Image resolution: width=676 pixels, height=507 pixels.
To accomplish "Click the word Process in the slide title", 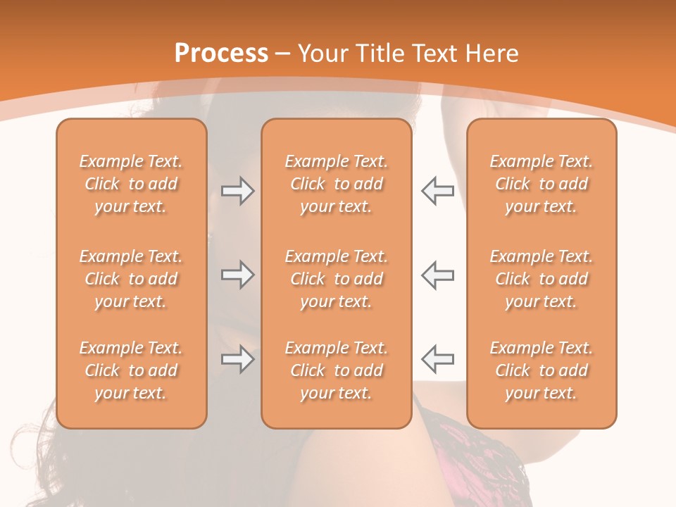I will (x=221, y=53).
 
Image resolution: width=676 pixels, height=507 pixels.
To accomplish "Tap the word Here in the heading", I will (x=491, y=53).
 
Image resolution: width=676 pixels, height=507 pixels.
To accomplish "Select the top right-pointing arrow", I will (x=237, y=191).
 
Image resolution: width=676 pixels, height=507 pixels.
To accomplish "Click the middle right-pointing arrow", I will (x=237, y=275).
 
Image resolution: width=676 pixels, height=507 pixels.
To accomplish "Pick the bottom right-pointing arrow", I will (x=237, y=359).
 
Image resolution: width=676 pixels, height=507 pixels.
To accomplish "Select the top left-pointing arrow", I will (x=437, y=191).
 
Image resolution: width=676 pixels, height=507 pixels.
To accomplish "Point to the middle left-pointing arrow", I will (x=437, y=275).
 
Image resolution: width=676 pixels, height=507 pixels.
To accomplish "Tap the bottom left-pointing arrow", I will (x=437, y=359).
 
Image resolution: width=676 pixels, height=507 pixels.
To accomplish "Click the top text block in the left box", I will (x=131, y=184).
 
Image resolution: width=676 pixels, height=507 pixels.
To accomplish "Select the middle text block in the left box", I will (x=131, y=279).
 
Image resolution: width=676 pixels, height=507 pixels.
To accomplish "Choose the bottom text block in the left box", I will (x=131, y=370).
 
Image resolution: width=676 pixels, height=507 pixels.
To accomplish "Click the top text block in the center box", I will (x=337, y=184).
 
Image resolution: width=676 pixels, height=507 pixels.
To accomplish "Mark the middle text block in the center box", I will (x=337, y=279).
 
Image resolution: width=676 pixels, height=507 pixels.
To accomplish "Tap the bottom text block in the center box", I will (x=337, y=370).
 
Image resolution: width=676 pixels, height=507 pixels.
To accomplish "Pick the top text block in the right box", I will (x=542, y=184).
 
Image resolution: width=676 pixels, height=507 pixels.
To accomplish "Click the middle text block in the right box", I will (x=542, y=279).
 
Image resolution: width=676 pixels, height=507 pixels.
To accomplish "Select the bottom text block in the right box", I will (x=542, y=370).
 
